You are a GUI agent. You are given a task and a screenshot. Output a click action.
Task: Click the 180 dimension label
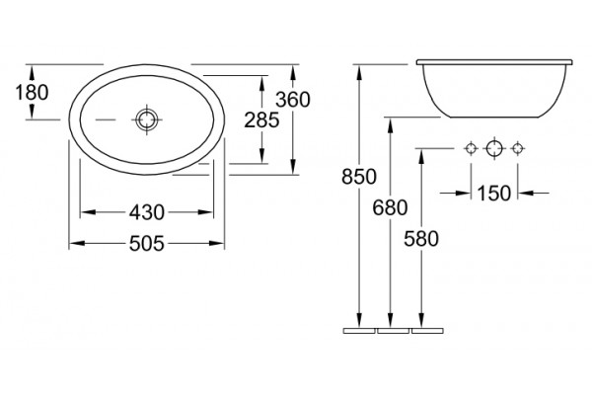click(x=32, y=92)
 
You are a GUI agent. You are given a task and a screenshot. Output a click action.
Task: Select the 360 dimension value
click(x=293, y=100)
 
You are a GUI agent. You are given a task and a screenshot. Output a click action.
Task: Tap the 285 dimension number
click(x=261, y=120)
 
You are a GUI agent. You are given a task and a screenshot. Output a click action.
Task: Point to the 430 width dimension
click(x=147, y=212)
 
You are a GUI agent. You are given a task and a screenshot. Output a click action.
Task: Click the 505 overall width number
click(x=147, y=244)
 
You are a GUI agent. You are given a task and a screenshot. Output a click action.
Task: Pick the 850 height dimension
click(x=359, y=177)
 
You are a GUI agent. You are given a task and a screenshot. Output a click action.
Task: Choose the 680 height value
click(x=390, y=207)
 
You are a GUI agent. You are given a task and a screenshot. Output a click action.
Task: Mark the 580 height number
click(x=421, y=239)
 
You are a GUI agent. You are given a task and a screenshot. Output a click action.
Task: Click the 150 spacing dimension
click(x=494, y=194)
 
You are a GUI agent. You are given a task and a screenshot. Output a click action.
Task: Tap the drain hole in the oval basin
click(x=146, y=119)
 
